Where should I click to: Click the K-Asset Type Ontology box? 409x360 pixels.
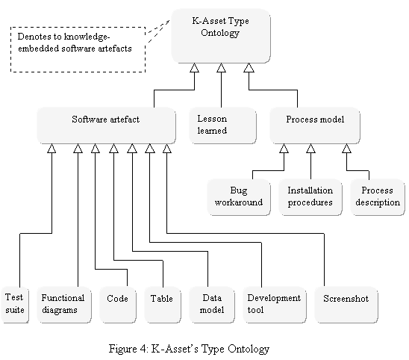point(221,36)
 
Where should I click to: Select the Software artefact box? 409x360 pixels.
point(106,125)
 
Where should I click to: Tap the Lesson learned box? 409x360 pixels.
point(222,125)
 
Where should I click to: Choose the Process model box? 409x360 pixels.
point(315,125)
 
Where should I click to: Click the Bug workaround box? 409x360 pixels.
point(239,197)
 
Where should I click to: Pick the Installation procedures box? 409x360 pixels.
point(310,197)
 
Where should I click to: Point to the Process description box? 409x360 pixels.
point(378,197)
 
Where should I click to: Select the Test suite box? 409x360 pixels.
point(15,305)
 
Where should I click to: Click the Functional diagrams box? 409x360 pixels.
point(64,305)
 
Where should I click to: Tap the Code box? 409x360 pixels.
point(118,305)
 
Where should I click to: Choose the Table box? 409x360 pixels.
point(163,305)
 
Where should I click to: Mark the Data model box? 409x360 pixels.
point(212,305)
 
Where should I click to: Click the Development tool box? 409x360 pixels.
point(275,305)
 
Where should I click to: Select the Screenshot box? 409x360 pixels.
point(346,305)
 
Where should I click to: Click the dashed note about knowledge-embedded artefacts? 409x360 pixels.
point(78,49)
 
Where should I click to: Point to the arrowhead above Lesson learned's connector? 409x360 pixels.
point(221,68)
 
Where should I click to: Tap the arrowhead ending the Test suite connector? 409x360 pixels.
point(51,148)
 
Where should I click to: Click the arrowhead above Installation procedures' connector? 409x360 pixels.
point(310,148)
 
